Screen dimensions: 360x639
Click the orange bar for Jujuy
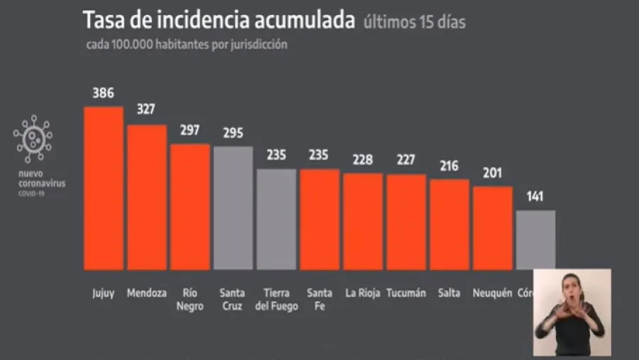point(103,188)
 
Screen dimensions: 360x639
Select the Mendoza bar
point(147,197)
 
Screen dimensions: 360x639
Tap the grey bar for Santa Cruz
point(233,208)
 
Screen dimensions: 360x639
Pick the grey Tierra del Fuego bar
point(276,219)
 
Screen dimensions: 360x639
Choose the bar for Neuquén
point(492,228)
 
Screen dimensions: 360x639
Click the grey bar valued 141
point(535,239)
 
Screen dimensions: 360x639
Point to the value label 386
point(103,93)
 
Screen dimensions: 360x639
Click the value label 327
point(146,110)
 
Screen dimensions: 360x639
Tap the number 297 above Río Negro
point(190,130)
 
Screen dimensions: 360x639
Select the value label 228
point(363,159)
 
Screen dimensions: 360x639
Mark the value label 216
point(449,165)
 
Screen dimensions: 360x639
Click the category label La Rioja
point(363,293)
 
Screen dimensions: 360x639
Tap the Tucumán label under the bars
point(406,293)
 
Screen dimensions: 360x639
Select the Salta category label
point(449,293)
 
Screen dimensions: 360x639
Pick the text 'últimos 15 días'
point(415,22)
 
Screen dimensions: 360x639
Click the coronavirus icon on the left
point(33,139)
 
